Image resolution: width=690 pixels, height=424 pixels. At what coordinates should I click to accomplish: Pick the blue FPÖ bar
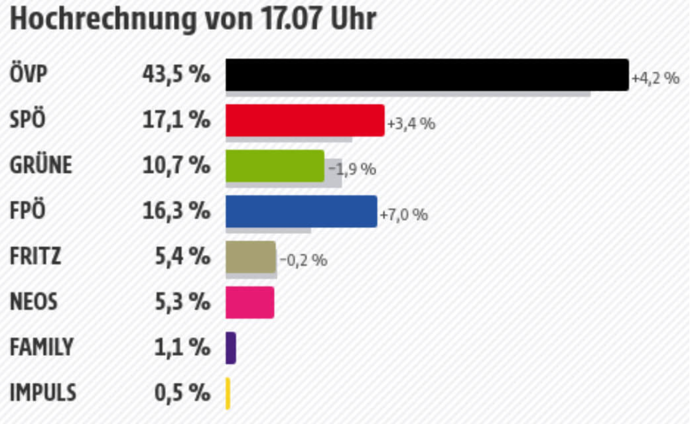click(x=301, y=211)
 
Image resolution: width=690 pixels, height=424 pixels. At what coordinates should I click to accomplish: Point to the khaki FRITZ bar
click(x=251, y=257)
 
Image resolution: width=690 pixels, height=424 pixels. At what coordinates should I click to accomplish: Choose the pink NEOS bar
click(x=250, y=302)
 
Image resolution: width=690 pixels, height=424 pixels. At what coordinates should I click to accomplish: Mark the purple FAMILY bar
click(x=231, y=348)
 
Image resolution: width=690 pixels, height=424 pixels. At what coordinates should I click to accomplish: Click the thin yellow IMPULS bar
click(x=228, y=393)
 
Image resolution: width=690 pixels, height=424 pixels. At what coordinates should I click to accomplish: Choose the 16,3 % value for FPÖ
click(x=176, y=211)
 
